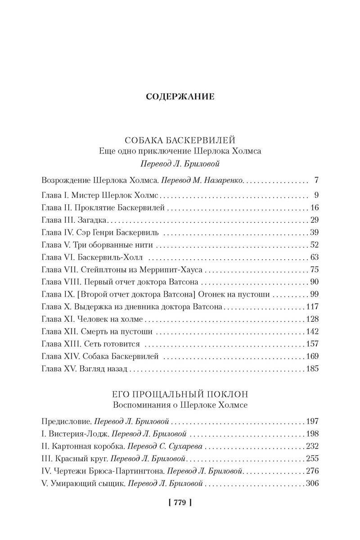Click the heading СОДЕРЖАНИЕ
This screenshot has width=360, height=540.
180,96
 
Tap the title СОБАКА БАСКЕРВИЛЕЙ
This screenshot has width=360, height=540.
180,140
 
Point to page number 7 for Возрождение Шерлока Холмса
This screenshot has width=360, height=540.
316,181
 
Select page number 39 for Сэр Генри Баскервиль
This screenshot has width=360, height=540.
314,233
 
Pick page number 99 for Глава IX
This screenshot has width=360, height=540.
314,295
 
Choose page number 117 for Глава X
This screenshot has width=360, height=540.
312,307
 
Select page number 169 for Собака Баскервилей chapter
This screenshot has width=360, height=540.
312,357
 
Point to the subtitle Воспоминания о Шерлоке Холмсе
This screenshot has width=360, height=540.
180,405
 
